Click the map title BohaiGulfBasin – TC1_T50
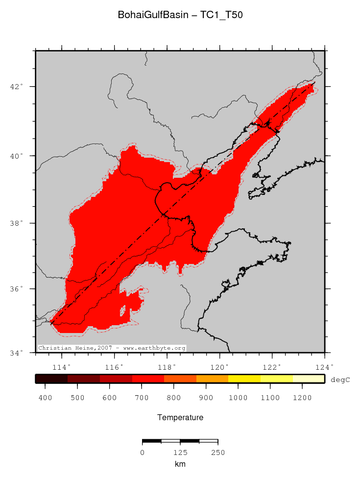(180, 15)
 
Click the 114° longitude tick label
(61, 367)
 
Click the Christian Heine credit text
(112, 348)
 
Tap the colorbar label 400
(46, 397)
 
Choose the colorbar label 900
(206, 397)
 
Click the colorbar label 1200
(302, 397)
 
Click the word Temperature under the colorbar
(180, 418)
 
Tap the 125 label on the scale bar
(180, 453)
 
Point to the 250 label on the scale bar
(217, 453)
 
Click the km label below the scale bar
(180, 464)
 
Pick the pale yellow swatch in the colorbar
(309, 379)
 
